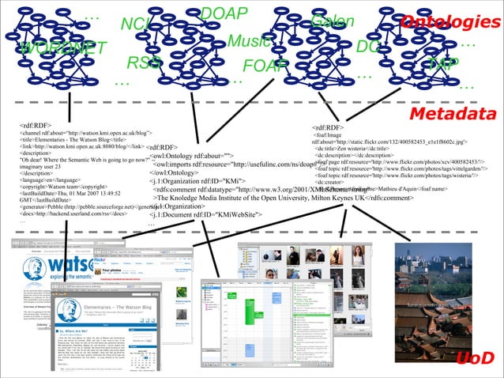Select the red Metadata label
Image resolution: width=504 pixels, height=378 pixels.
(x=452, y=115)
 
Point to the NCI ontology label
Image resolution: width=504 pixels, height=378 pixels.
(x=137, y=26)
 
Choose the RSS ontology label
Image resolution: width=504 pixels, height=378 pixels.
(x=144, y=62)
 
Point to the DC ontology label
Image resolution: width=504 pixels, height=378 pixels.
(x=368, y=47)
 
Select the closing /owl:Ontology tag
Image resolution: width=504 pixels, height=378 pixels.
(x=173, y=172)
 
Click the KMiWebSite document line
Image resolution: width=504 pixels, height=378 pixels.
(x=206, y=216)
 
